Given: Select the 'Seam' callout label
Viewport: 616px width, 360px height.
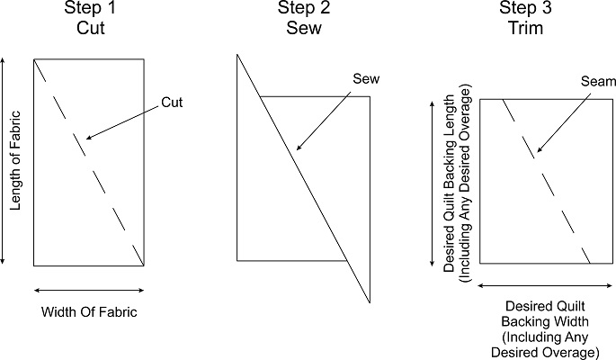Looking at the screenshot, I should [595, 82].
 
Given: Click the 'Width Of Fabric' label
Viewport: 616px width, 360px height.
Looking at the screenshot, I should [88, 312].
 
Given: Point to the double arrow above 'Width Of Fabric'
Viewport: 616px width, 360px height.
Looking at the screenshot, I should [88, 290].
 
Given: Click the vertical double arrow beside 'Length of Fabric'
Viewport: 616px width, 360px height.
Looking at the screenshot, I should [4, 160].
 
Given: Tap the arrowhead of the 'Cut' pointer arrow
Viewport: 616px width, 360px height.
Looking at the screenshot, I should [85, 139].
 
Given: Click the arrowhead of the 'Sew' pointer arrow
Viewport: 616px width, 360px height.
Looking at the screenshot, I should [298, 148].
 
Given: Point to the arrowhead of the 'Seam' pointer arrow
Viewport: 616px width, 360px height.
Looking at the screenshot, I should [537, 150].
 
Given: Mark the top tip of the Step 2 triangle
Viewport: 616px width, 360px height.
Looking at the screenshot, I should [237, 55].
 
